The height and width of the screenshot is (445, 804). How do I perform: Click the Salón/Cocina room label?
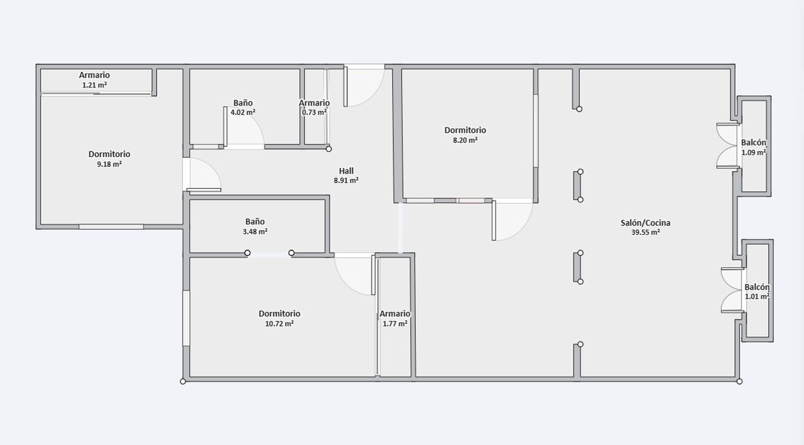click(x=645, y=222)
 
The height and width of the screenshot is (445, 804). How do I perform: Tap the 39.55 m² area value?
click(x=645, y=233)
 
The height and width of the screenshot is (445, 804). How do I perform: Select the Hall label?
click(x=346, y=171)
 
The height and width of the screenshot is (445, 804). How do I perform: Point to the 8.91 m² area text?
click(x=346, y=181)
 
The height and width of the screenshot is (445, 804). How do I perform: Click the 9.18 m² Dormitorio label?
click(x=109, y=154)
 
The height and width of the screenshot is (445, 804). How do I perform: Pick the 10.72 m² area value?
click(x=279, y=324)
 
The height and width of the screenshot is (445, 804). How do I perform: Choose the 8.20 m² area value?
click(x=465, y=140)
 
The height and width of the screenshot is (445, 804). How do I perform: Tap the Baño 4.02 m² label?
click(x=243, y=103)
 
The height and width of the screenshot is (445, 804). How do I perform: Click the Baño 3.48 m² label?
click(x=255, y=221)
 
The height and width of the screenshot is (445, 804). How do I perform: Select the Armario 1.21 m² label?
click(x=94, y=75)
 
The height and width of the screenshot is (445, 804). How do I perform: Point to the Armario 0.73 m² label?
click(x=314, y=103)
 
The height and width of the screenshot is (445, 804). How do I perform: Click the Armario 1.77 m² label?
click(x=395, y=314)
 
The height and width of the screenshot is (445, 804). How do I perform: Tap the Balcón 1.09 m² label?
click(x=754, y=143)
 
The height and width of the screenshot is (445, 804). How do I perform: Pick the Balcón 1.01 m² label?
click(x=757, y=287)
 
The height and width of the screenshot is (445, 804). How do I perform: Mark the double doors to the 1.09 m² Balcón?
click(x=727, y=145)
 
